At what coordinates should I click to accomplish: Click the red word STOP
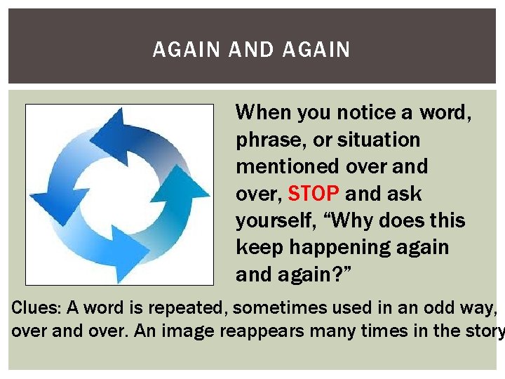pyautogui.click(x=314, y=193)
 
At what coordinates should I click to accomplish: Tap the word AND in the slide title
pyautogui.click(x=252, y=50)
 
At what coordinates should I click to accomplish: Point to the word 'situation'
pyautogui.click(x=379, y=140)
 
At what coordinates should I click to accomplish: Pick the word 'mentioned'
pyautogui.click(x=288, y=166)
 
